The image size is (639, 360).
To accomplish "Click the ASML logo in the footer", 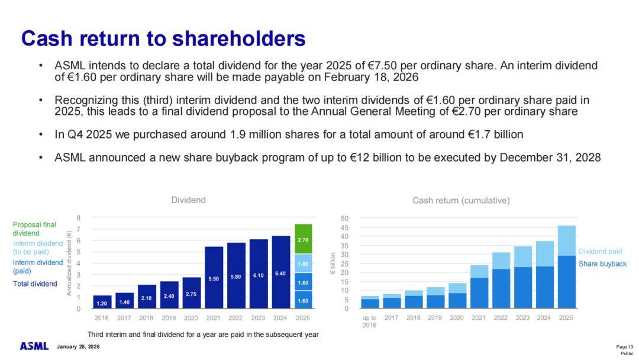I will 34,346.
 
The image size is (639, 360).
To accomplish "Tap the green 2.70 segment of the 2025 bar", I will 302,239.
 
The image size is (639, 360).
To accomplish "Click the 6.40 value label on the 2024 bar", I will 280,274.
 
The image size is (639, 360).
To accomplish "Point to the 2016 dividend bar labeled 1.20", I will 102,302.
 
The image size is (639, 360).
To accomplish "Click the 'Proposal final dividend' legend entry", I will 34,229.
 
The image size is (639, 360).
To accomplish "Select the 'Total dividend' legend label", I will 35,284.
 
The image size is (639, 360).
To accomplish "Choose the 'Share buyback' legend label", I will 602,263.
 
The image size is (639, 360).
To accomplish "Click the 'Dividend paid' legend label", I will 600,252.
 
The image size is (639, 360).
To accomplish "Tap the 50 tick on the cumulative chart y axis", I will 344,218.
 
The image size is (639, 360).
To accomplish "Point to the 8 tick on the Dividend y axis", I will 79,218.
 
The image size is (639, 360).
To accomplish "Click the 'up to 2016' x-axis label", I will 369,322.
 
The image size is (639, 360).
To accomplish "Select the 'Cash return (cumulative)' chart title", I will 461,200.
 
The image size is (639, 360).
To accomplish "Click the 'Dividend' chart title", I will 188,200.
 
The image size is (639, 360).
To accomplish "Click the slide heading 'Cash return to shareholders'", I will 163,38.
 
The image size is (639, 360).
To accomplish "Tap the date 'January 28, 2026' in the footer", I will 78,346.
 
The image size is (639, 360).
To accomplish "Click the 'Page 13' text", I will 625,346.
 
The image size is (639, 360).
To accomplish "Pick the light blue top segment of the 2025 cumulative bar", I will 566,240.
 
